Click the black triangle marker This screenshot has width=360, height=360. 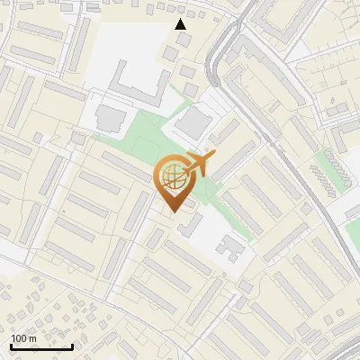(181, 24)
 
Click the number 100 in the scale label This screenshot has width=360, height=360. (19, 338)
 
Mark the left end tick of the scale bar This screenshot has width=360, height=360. (10, 346)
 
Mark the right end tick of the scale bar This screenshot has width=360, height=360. (72, 346)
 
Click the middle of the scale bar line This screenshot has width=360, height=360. (40, 347)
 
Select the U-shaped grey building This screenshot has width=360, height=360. (135, 85)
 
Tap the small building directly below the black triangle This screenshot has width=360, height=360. (183, 39)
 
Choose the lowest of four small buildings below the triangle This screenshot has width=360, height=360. (191, 89)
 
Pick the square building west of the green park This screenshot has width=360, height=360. (110, 118)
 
